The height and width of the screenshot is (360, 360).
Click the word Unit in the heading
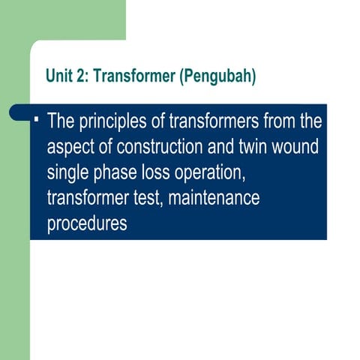(x=58, y=76)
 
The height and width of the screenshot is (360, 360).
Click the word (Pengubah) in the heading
(x=218, y=76)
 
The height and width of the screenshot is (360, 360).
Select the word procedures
(x=87, y=224)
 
